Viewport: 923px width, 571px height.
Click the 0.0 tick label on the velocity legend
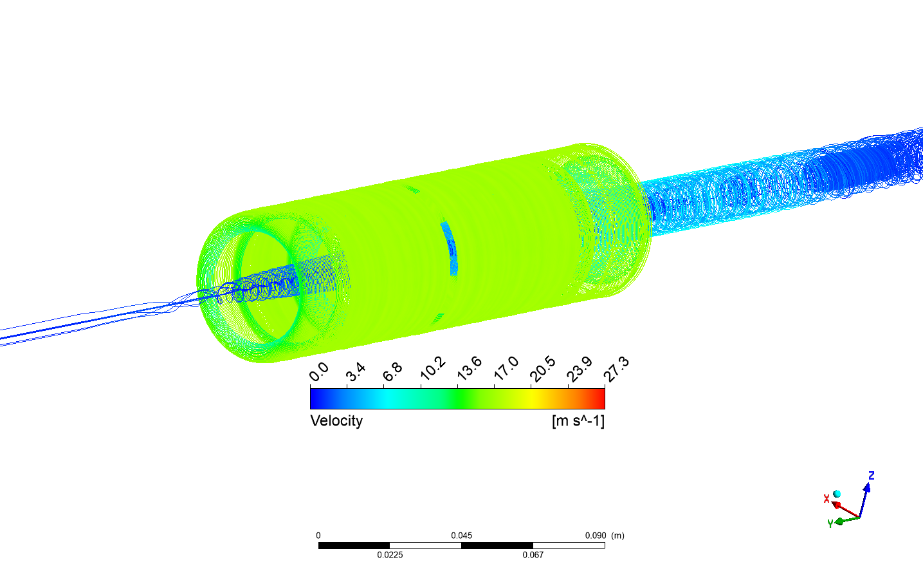pos(319,372)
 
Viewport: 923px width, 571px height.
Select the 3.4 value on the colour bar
pos(356,372)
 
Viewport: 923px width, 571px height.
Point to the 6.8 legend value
pos(392,372)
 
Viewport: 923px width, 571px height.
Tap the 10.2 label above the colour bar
pos(433,368)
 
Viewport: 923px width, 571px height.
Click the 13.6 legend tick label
pos(470,368)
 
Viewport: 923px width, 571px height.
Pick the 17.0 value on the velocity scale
pos(506,368)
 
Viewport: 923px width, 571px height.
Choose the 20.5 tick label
pos(543,369)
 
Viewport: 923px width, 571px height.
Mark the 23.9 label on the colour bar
pos(580,369)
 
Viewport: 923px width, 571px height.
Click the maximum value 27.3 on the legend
pos(616,369)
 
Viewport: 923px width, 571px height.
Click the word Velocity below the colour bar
pos(336,421)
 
